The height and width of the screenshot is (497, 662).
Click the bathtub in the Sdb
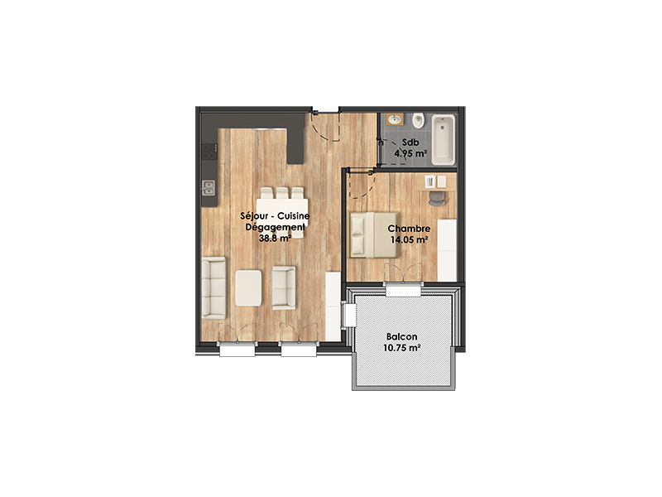click(444, 139)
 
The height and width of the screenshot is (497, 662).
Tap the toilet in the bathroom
click(418, 121)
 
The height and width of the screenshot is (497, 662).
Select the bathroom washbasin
click(396, 119)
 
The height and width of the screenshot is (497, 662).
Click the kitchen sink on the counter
click(209, 188)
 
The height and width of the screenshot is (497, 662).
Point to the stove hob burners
click(209, 152)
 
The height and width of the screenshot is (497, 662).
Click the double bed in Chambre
click(374, 235)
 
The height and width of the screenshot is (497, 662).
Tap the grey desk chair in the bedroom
click(437, 198)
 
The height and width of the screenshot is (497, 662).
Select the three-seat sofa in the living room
click(213, 287)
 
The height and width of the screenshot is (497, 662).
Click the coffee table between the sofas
click(248, 287)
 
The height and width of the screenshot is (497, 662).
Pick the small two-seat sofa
click(284, 287)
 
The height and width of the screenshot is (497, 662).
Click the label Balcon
click(401, 337)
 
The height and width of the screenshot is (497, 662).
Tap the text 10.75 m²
click(401, 348)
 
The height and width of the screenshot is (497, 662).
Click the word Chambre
click(409, 229)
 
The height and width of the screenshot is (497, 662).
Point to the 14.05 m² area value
click(409, 239)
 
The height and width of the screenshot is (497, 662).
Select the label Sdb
click(410, 142)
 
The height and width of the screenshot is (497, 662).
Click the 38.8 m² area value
click(276, 238)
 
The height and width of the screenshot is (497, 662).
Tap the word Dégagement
click(276, 227)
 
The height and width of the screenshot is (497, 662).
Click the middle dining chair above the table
click(282, 193)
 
